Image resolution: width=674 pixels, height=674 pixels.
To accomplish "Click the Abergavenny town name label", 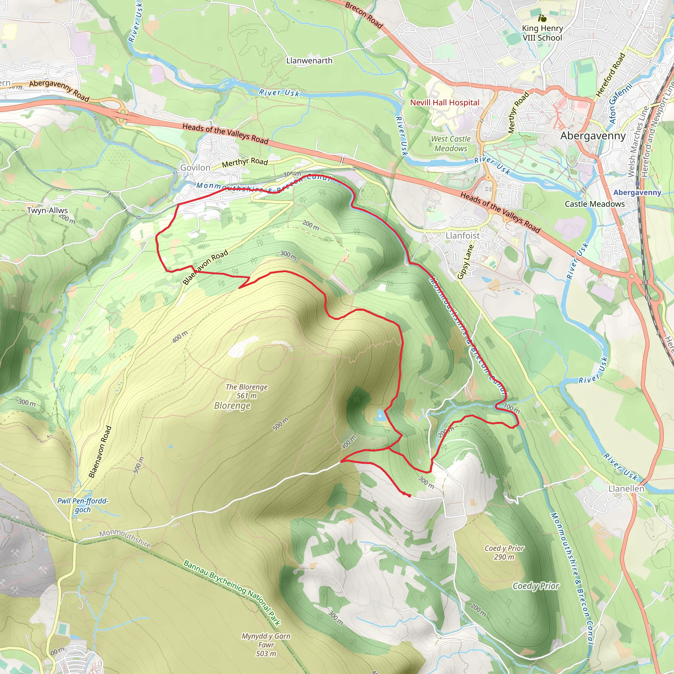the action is [x=593, y=136].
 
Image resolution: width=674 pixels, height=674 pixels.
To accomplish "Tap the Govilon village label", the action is [x=195, y=168].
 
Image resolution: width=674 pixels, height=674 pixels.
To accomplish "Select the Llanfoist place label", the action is [x=463, y=236].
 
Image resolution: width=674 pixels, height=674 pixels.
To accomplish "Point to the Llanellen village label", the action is [x=626, y=489].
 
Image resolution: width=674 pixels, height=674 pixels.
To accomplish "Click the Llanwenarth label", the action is [x=309, y=61].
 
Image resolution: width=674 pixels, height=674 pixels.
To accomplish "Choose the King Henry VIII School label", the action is [x=542, y=33].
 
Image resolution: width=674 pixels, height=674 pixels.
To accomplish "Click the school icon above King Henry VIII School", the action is [x=542, y=18].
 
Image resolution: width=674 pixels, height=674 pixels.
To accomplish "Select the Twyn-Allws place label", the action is [x=47, y=210].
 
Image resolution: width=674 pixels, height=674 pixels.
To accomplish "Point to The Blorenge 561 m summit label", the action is [x=246, y=391].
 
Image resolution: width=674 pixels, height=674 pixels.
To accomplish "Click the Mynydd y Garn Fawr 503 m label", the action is [x=266, y=645].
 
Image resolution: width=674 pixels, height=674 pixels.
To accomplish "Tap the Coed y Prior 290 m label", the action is [x=504, y=552].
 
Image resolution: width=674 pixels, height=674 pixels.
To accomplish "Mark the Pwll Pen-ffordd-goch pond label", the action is [x=83, y=505].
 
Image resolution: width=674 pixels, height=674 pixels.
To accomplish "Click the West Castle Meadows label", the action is [x=451, y=144].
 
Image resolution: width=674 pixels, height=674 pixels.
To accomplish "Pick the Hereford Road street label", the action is [x=610, y=75].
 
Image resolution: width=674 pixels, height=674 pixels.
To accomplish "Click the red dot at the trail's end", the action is [x=409, y=495].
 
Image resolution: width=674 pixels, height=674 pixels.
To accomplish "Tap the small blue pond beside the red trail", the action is [x=380, y=415].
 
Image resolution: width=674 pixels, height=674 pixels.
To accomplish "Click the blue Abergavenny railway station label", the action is [x=637, y=193].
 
